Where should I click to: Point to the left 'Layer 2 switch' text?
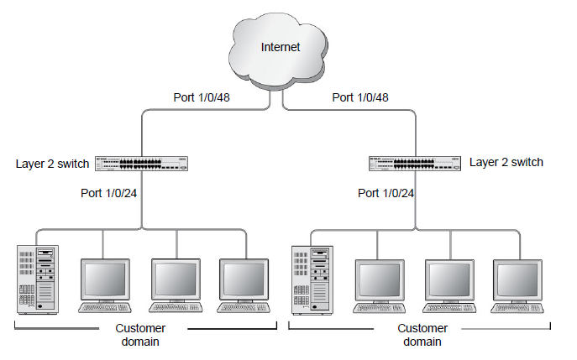[x=52, y=163]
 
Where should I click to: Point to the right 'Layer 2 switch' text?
[x=506, y=162]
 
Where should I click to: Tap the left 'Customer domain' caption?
[x=139, y=335]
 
